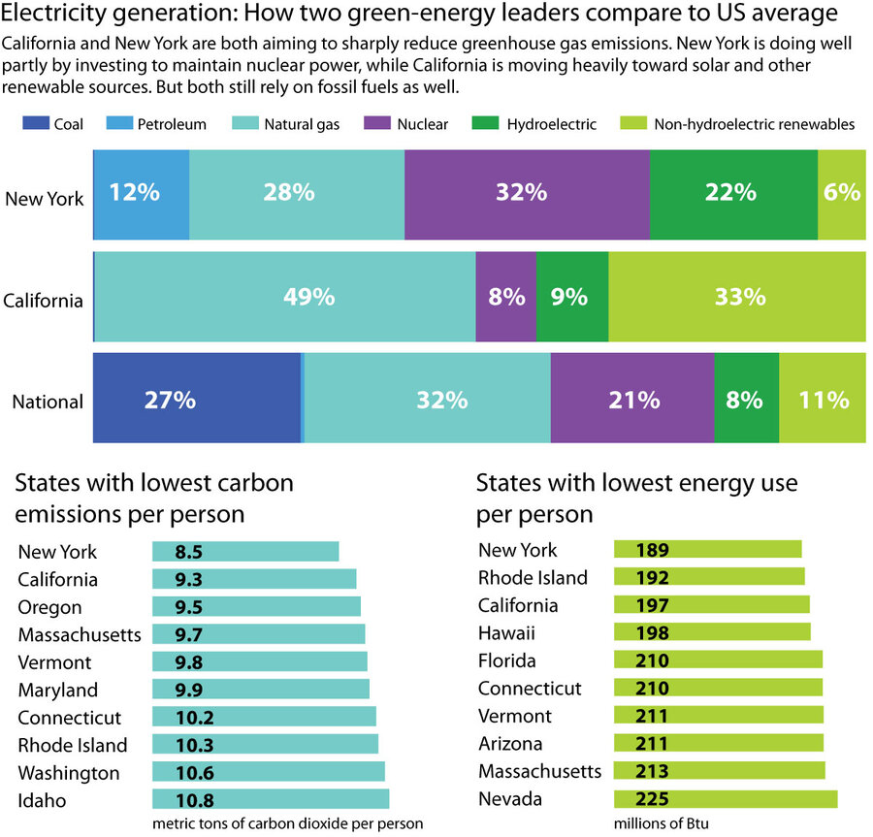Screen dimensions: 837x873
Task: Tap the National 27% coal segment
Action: (197, 399)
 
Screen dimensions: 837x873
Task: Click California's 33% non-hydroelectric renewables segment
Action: (736, 297)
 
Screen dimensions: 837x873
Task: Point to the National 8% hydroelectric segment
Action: (746, 399)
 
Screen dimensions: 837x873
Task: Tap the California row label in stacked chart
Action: (43, 300)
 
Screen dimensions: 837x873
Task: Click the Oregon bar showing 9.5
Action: (256, 606)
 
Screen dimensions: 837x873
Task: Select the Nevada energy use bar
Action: (726, 799)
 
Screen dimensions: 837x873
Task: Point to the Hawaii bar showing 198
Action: (712, 632)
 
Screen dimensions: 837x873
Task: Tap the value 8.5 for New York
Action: (189, 551)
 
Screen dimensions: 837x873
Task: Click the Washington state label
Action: (69, 773)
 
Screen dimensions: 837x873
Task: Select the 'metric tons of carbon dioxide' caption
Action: (287, 823)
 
